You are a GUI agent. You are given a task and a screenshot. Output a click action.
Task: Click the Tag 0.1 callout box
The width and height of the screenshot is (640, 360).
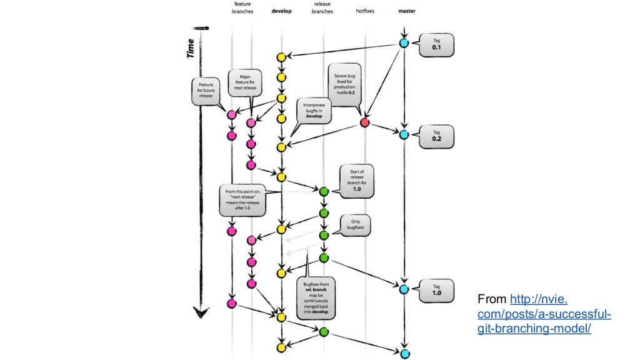[437, 45]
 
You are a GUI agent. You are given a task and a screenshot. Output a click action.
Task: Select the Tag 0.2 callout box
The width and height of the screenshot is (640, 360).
[437, 136]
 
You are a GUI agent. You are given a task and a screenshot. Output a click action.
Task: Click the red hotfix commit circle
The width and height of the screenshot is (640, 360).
[365, 122]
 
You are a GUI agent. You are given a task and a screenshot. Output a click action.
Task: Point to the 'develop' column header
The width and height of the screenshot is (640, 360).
[281, 11]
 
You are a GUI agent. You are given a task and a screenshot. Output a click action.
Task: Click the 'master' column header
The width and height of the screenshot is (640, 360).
[406, 11]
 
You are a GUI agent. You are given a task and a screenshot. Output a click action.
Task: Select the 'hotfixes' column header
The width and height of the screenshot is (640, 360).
[365, 11]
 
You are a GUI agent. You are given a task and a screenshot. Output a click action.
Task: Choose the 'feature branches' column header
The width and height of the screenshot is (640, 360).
[242, 7]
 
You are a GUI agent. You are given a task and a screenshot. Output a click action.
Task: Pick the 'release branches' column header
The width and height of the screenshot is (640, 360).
[323, 7]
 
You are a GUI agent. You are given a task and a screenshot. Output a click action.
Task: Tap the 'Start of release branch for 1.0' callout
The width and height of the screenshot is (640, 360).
[357, 180]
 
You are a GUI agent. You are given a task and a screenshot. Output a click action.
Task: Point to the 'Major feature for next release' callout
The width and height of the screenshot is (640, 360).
[246, 82]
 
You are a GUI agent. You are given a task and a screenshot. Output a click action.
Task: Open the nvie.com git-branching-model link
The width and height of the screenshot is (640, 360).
[543, 314]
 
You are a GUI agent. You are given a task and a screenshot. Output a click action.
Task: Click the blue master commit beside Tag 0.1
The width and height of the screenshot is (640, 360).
[404, 43]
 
